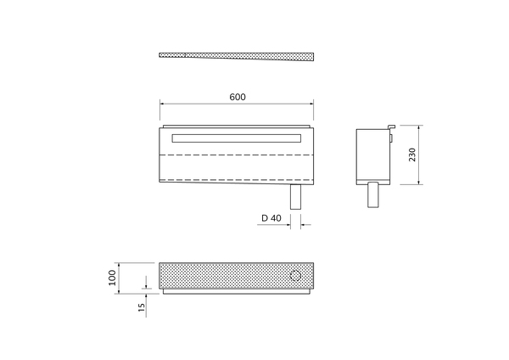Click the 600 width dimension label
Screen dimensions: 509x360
pos(238,97)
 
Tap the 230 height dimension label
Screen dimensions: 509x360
pos(412,155)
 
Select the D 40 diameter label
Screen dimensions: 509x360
pos(271,218)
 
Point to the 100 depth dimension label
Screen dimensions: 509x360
pos(112,278)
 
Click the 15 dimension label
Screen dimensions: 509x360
pos(142,307)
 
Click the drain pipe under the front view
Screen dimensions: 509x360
pos(295,197)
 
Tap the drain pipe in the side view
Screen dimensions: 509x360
pos(373,194)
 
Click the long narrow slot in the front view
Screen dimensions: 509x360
pos(237,138)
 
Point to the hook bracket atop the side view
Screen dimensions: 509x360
pos(392,127)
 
